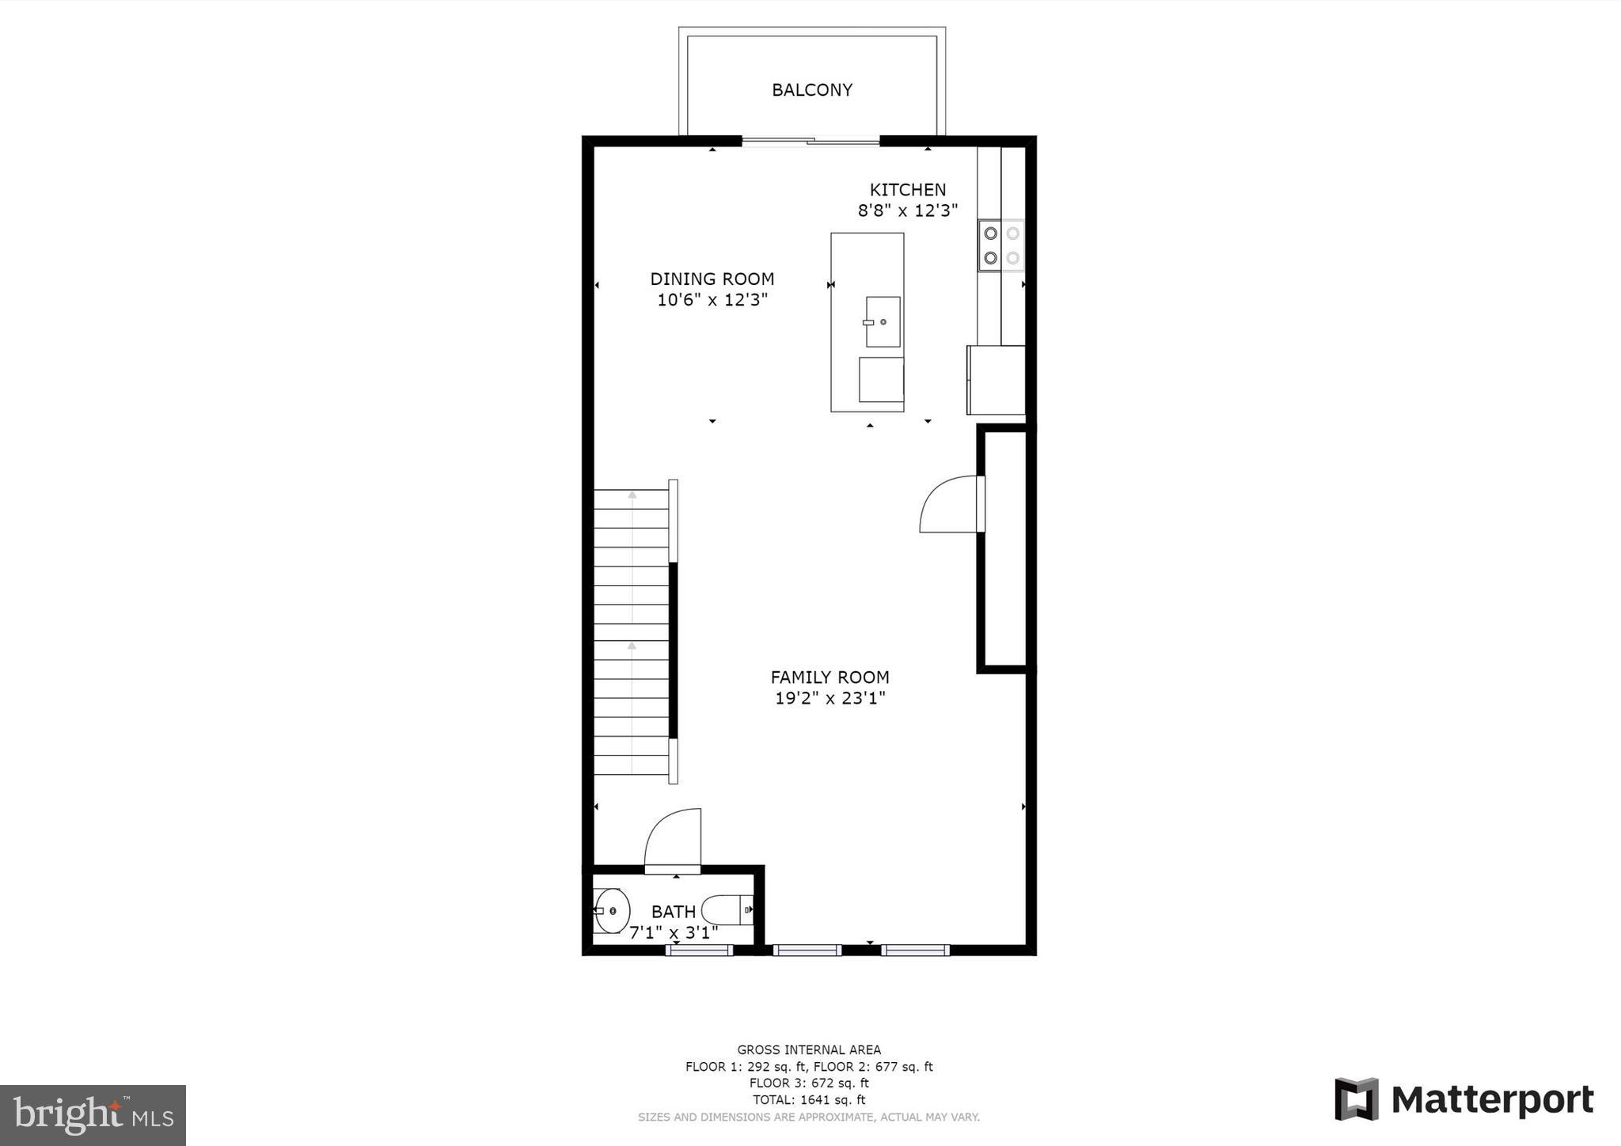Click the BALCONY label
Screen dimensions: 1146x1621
pyautogui.click(x=812, y=90)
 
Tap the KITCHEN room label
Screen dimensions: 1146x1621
pyautogui.click(x=907, y=190)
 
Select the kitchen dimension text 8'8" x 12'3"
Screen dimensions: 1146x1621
pyautogui.click(x=907, y=211)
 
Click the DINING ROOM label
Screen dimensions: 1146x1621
pyautogui.click(x=712, y=279)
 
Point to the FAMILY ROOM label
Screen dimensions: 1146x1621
pyautogui.click(x=829, y=677)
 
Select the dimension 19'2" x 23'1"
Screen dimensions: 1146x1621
pyautogui.click(x=829, y=698)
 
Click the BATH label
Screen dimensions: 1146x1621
pyautogui.click(x=674, y=912)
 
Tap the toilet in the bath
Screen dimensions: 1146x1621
pyautogui.click(x=727, y=909)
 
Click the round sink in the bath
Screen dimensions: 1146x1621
pyautogui.click(x=612, y=911)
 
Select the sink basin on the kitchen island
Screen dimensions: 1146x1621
pyautogui.click(x=883, y=322)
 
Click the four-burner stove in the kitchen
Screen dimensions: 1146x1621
pyautogui.click(x=1000, y=245)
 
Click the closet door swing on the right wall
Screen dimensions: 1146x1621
pyautogui.click(x=950, y=503)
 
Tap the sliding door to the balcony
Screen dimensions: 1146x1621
pyautogui.click(x=810, y=142)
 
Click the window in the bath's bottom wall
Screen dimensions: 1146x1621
pyautogui.click(x=700, y=950)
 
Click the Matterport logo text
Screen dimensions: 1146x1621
pyautogui.click(x=1491, y=1100)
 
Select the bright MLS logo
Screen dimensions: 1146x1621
pyautogui.click(x=93, y=1115)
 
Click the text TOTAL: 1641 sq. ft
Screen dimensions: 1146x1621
pyautogui.click(x=809, y=1099)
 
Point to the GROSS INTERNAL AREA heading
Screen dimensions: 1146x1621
pyautogui.click(x=809, y=1050)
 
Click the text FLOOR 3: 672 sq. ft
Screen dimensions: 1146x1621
pyautogui.click(x=809, y=1083)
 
